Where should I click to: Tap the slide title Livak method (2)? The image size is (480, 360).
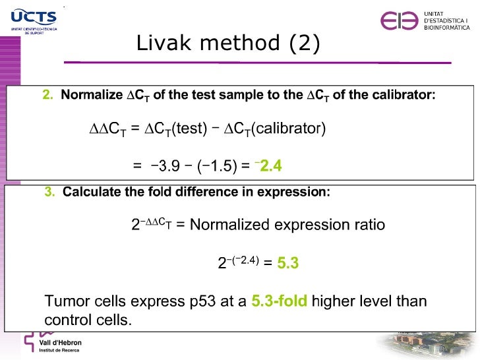click(x=228, y=44)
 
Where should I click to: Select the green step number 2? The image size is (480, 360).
click(x=47, y=95)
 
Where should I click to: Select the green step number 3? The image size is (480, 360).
click(x=50, y=192)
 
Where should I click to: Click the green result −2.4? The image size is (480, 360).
click(x=270, y=166)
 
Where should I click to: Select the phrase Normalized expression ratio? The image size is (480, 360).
click(x=287, y=225)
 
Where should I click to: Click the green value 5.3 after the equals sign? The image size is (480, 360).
click(x=288, y=263)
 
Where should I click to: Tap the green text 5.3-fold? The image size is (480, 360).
click(x=280, y=302)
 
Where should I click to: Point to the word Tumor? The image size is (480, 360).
click(x=64, y=302)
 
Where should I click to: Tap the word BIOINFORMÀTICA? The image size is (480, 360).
click(x=446, y=28)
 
